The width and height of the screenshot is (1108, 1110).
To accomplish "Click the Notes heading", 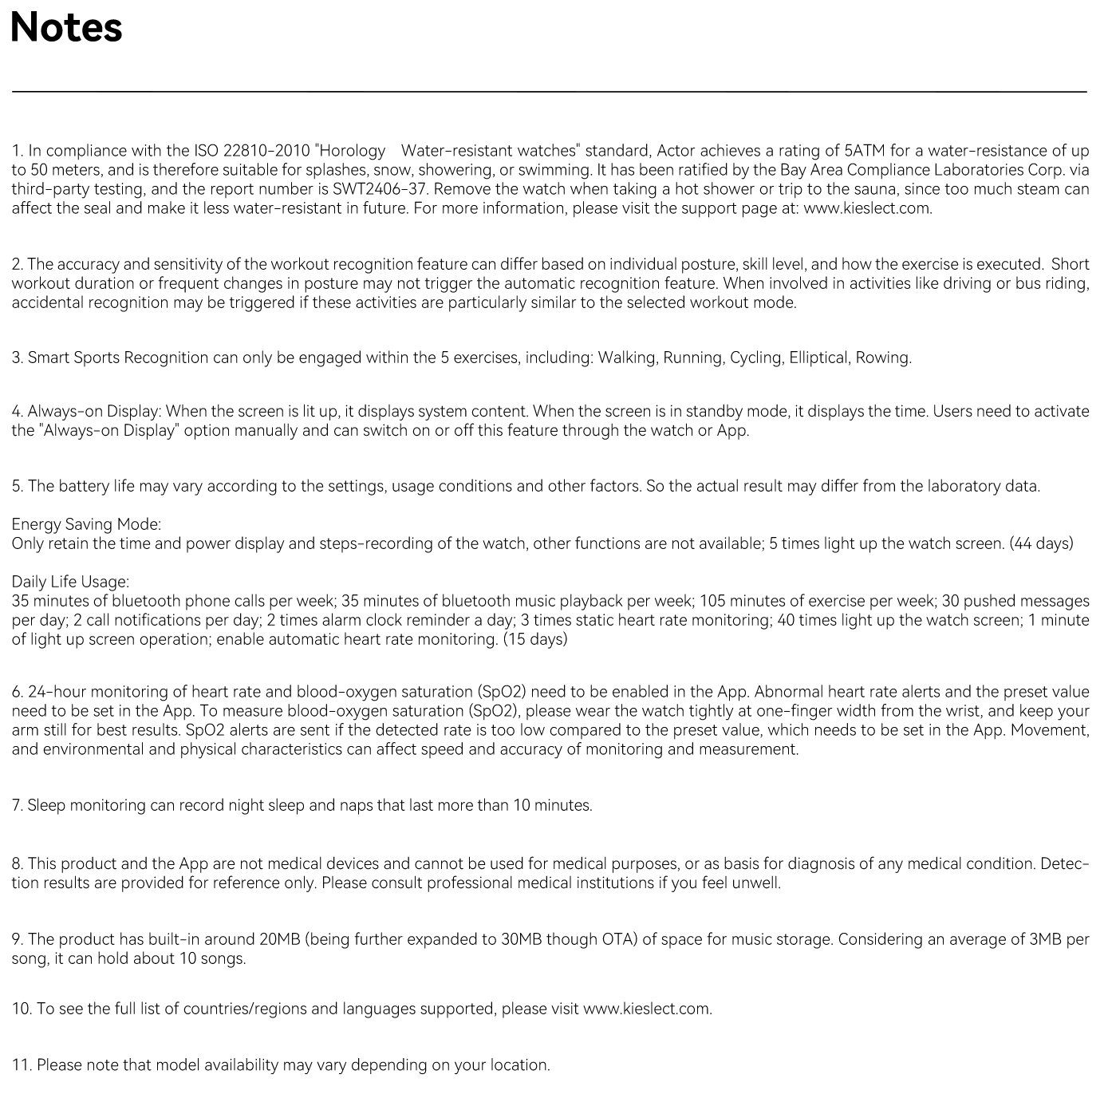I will click(66, 27).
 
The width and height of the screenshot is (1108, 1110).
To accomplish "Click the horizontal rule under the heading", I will click(549, 92).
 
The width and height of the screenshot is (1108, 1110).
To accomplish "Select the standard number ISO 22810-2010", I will click(251, 151).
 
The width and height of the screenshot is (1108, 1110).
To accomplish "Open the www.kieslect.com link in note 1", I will click(866, 208).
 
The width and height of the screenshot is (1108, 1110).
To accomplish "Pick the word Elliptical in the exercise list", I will click(818, 357).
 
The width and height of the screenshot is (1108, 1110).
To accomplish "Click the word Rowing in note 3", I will click(882, 357).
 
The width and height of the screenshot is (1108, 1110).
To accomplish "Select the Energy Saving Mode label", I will click(86, 524).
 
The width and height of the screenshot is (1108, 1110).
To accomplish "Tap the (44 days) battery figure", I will click(1041, 543).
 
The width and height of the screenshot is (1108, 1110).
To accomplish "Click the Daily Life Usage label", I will click(70, 582).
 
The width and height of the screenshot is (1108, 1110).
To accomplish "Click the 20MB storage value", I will click(278, 939).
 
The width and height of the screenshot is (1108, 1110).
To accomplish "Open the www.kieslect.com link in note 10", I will click(647, 1009).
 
